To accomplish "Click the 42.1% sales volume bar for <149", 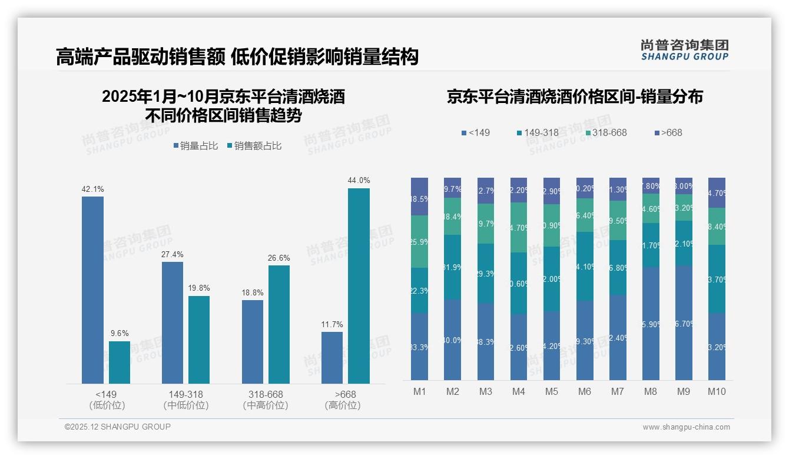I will pos(92,290).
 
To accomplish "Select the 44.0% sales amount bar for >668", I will pos(359,286).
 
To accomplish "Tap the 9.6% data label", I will pos(120,333).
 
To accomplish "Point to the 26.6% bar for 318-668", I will pos(279,324).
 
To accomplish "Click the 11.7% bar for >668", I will pos(332,358).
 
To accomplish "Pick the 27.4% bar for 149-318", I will pos(173,322).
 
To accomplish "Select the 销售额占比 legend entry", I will pos(254,146).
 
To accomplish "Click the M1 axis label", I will pos(420,391).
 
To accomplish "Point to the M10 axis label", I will pos(717,391).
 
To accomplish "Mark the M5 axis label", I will pos(552,391).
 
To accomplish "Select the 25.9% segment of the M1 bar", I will pos(420,241).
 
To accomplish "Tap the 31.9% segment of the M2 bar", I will pos(453,267).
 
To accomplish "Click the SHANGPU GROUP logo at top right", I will pos(685,50).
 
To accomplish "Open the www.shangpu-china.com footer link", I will pos(686,427).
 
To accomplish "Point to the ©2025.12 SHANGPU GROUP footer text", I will pos(118,427).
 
